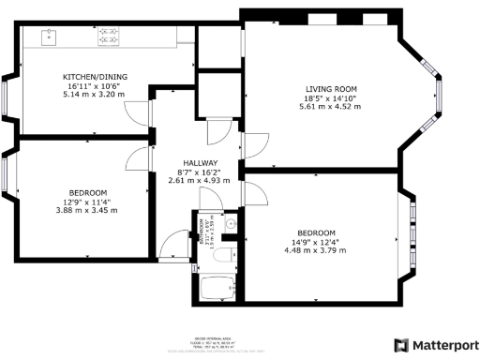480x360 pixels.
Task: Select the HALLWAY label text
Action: (x=198, y=161)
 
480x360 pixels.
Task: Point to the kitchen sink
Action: (x=50, y=37)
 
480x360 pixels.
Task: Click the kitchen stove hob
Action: (x=111, y=37)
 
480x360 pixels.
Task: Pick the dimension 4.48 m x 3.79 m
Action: (x=311, y=248)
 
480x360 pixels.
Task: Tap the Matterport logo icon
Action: (x=402, y=344)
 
